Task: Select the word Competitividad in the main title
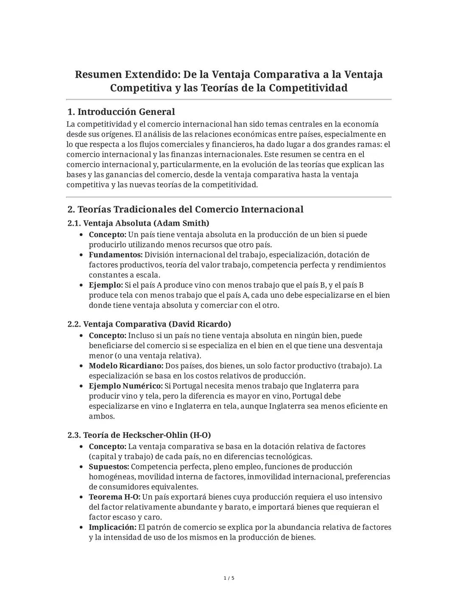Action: pyautogui.click(x=308, y=88)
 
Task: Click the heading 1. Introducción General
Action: pyautogui.click(x=121, y=112)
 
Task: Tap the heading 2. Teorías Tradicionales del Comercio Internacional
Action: pyautogui.click(x=185, y=209)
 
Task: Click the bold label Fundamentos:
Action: pyautogui.click(x=115, y=255)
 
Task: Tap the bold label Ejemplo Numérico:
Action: pyautogui.click(x=126, y=386)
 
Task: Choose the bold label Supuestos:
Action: pyautogui.click(x=109, y=467)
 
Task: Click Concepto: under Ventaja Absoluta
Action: pyautogui.click(x=107, y=235)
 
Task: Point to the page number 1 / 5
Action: pyautogui.click(x=229, y=578)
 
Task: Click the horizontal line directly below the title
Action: pyautogui.click(x=229, y=100)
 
